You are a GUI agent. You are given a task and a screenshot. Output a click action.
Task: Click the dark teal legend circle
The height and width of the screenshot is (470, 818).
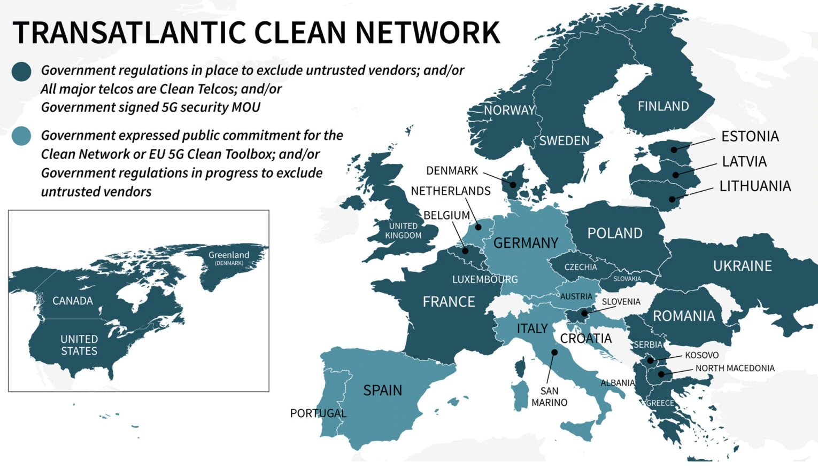point(21,71)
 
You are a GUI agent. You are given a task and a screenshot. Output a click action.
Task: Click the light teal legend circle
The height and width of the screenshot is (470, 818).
point(21,136)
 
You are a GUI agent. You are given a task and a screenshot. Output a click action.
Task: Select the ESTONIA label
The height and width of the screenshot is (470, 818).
point(750,136)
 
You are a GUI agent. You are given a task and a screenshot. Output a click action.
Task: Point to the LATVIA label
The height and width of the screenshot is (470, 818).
point(744,161)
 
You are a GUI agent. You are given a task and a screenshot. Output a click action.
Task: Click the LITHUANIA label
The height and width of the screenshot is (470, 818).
point(754,186)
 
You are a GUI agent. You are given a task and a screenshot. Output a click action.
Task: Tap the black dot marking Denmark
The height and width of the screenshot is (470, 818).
point(513,185)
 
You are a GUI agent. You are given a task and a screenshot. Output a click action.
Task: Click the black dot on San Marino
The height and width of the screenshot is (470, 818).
point(554,352)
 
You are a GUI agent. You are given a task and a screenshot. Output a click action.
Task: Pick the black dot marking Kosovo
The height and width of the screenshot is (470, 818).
point(651,361)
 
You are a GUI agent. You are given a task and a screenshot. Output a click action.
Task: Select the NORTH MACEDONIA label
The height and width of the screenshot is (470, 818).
point(735,368)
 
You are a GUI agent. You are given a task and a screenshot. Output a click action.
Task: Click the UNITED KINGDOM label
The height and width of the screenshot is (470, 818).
point(403,231)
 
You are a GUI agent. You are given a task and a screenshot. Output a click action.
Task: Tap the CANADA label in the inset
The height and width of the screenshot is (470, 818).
point(73,301)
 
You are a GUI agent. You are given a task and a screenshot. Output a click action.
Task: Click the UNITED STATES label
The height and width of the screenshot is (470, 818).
point(79,345)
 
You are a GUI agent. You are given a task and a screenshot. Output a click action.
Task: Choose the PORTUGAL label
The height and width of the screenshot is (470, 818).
point(318,413)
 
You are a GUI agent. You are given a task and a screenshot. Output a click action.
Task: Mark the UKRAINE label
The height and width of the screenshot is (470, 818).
point(742,266)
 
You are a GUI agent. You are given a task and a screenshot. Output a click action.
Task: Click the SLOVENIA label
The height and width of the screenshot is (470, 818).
point(621,302)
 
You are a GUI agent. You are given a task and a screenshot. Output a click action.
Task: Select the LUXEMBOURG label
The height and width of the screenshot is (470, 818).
point(485,279)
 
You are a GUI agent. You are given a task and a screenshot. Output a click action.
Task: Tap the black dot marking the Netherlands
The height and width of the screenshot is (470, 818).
point(478,228)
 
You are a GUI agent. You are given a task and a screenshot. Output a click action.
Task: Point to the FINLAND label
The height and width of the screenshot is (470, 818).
point(663,106)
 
